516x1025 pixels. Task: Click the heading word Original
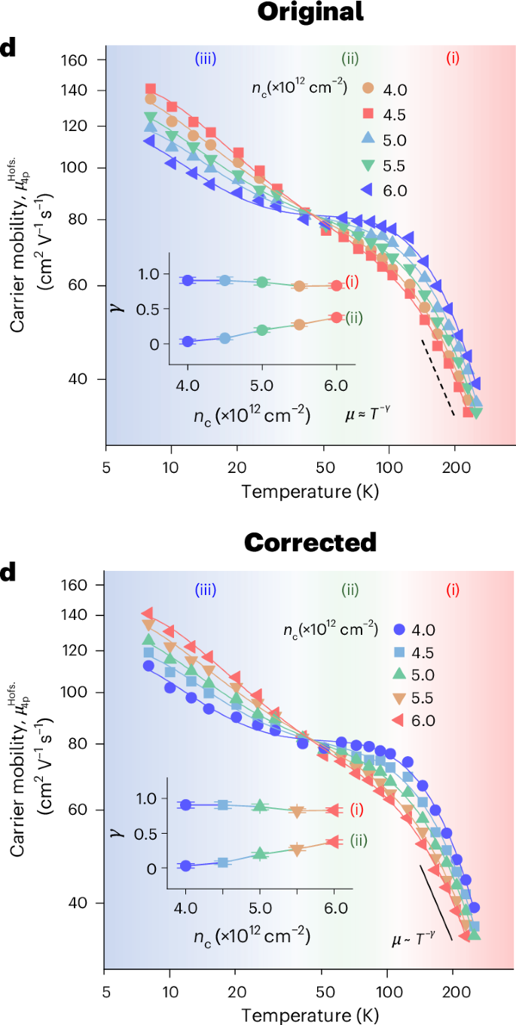pos(310,12)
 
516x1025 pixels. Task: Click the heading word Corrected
pos(310,541)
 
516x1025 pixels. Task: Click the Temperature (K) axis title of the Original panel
pos(310,492)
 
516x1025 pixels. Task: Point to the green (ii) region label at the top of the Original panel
pos(350,58)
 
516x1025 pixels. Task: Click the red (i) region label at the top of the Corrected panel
pos(453,590)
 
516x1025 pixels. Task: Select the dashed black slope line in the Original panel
pos(437,377)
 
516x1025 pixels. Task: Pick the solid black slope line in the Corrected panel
pos(436,902)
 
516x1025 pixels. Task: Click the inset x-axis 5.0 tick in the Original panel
pos(261,385)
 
